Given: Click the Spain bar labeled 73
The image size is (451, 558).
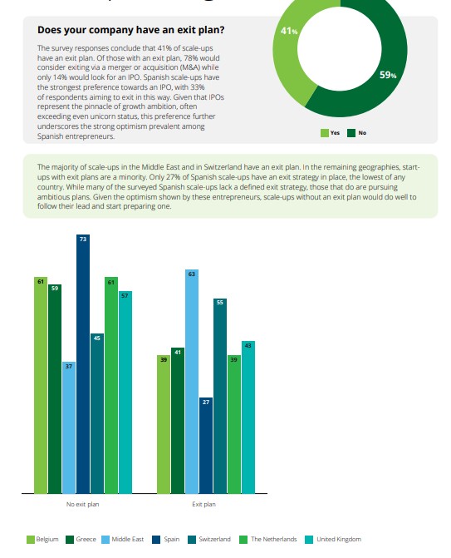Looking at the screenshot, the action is (x=83, y=363).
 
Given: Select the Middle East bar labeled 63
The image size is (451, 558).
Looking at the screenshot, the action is (x=192, y=382).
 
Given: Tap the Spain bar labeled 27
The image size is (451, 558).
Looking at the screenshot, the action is (x=206, y=446).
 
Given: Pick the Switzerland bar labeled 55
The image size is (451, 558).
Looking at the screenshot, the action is (x=220, y=396).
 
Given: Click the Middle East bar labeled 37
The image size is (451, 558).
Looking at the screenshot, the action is (x=69, y=427).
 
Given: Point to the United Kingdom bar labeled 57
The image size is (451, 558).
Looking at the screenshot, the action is (x=125, y=393).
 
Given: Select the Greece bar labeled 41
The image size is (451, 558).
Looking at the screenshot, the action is (x=178, y=421).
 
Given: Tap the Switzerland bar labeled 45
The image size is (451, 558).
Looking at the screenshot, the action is (x=97, y=413).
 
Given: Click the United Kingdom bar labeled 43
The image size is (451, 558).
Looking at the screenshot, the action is (x=248, y=417).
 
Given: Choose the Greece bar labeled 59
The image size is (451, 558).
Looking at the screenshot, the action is (x=55, y=389).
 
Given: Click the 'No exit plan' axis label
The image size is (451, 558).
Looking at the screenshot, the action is (x=82, y=504).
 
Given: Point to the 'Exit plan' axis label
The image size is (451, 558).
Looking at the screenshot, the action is (x=203, y=504).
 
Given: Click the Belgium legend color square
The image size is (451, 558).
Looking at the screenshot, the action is (x=31, y=540).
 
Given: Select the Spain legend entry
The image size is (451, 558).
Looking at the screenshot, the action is (x=165, y=540).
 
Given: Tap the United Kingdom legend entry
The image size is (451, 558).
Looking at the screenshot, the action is (x=333, y=540).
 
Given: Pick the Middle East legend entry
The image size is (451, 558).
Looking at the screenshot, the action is (x=123, y=540).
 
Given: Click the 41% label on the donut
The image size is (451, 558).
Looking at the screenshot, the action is (x=288, y=31).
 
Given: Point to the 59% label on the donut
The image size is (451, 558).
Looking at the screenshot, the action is (x=388, y=75).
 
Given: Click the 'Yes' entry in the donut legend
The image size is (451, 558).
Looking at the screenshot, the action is (x=330, y=133).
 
